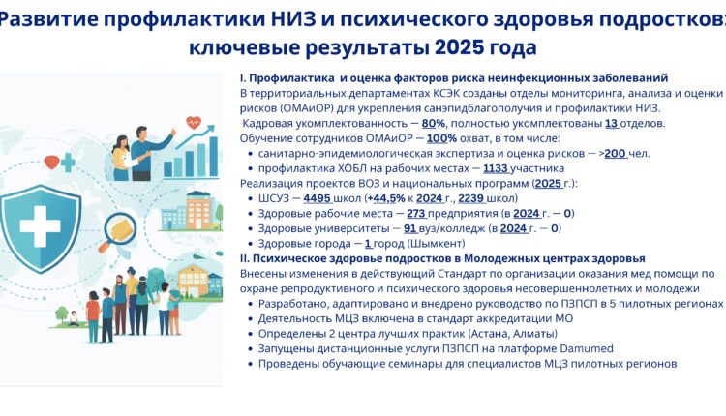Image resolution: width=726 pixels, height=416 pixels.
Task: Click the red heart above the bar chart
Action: [x=193, y=123]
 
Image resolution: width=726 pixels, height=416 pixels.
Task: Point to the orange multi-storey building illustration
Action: [x=199, y=206]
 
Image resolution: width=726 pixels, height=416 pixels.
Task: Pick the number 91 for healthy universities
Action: [x=409, y=228]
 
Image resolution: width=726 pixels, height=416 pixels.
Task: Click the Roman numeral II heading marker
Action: [x=244, y=258]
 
